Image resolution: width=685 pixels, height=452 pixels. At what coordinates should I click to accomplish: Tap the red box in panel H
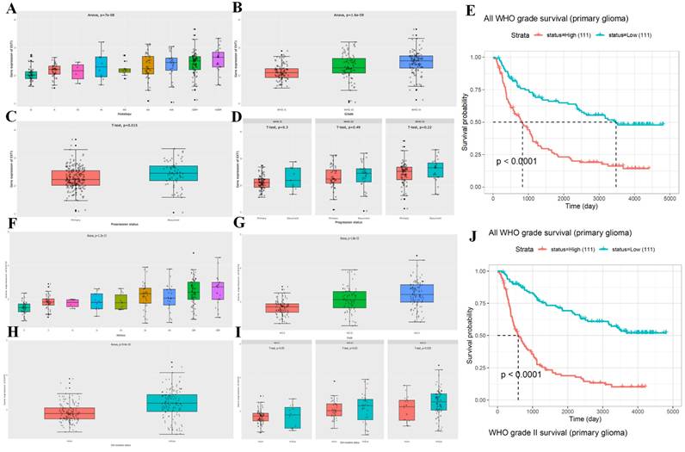[71, 413]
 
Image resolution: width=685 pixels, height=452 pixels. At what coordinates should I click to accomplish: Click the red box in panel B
[281, 73]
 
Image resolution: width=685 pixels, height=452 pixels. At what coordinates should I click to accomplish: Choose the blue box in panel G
[416, 294]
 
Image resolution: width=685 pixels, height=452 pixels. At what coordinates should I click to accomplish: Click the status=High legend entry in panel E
[560, 34]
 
